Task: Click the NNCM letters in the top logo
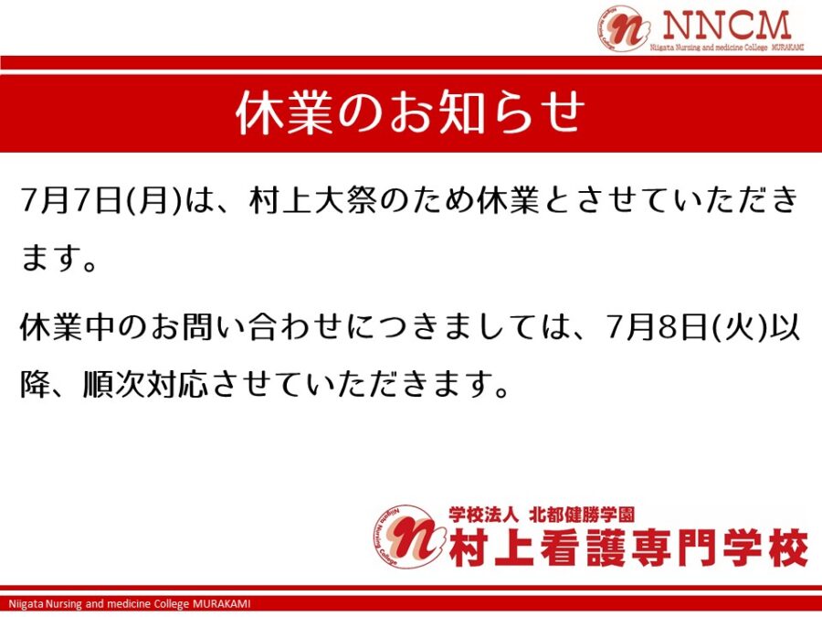[x=727, y=26]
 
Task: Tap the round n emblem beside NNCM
[x=623, y=29]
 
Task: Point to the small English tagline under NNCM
[x=727, y=48]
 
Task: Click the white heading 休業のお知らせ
[x=410, y=112]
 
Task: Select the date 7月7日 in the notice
[x=70, y=201]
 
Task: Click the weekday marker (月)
[x=154, y=201]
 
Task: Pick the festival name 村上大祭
[x=313, y=201]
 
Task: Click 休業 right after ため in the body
[x=509, y=201]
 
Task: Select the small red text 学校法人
[x=483, y=515]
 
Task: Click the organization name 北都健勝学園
[x=582, y=515]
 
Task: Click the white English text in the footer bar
[x=130, y=604]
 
